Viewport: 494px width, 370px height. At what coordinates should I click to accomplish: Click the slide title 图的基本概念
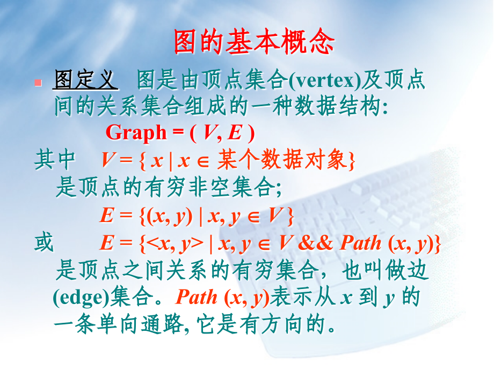coord(254,41)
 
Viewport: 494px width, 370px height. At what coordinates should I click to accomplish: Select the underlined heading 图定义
coord(85,80)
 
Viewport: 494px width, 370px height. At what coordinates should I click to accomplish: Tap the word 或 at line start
coord(44,243)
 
